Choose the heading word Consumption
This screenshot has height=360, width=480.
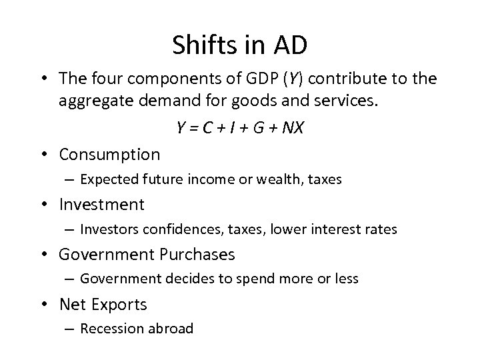point(109,155)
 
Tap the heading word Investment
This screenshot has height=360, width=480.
point(101,204)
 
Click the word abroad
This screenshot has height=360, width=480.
point(169,328)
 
